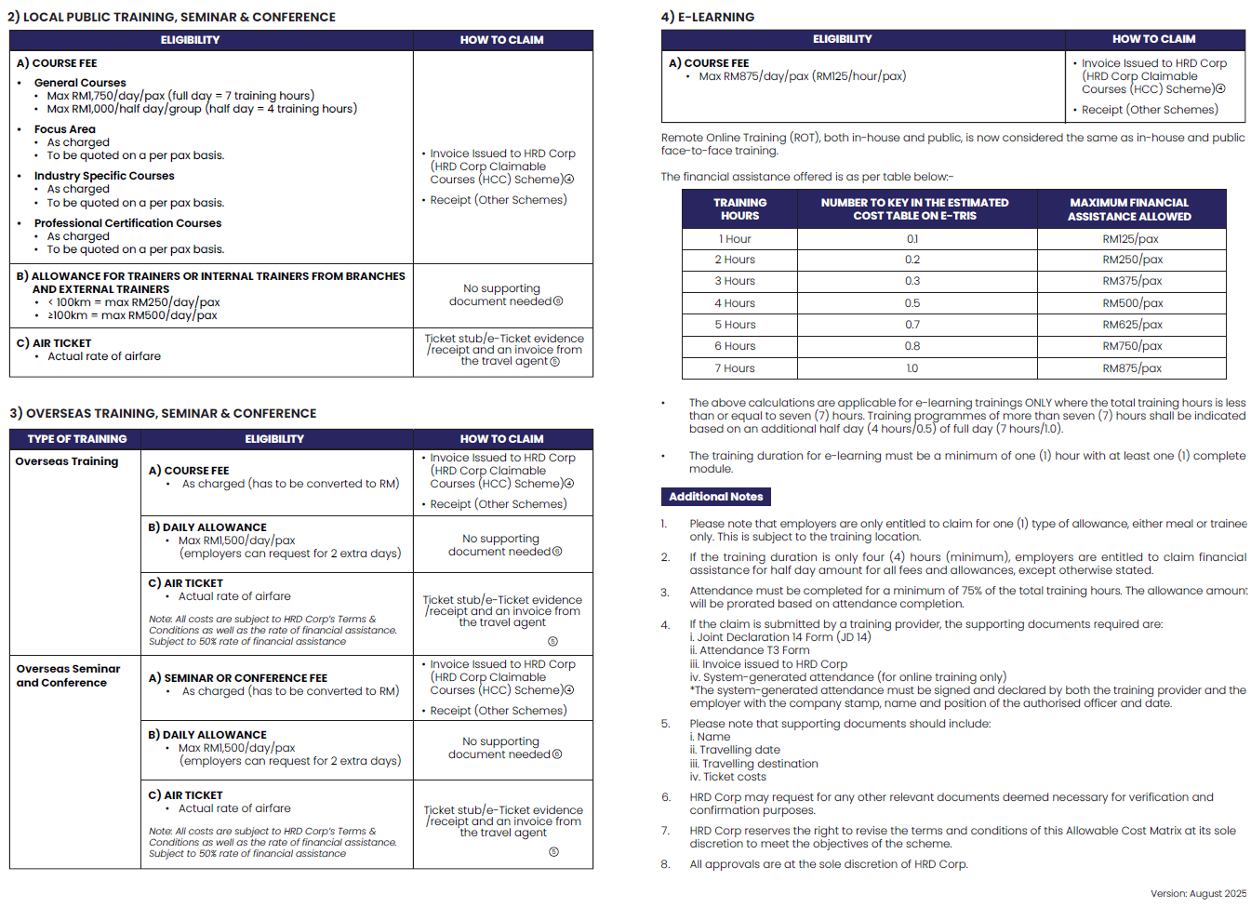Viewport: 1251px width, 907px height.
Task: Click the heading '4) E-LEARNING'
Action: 708,17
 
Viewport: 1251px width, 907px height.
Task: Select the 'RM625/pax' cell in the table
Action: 1132,325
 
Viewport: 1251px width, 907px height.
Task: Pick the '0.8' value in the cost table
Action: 912,346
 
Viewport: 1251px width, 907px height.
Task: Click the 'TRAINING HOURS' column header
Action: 739,209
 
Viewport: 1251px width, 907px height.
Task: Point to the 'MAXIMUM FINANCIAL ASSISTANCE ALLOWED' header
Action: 1129,209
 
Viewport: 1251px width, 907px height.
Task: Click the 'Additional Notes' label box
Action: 715,497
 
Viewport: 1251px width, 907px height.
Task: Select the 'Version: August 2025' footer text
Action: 1198,893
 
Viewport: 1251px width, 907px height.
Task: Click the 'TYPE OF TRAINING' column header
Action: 76,439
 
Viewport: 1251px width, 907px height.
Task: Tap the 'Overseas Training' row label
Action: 67,461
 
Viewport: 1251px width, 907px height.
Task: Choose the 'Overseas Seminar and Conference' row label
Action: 68,675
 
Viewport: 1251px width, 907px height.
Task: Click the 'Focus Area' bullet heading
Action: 64,129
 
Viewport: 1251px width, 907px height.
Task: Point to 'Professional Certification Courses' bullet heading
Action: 127,223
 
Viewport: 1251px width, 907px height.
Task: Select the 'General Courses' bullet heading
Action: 80,83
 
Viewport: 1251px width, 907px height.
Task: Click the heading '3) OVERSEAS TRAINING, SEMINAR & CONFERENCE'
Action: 163,413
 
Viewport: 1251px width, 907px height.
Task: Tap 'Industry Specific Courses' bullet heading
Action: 104,176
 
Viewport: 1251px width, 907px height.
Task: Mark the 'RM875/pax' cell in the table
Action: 1132,368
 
